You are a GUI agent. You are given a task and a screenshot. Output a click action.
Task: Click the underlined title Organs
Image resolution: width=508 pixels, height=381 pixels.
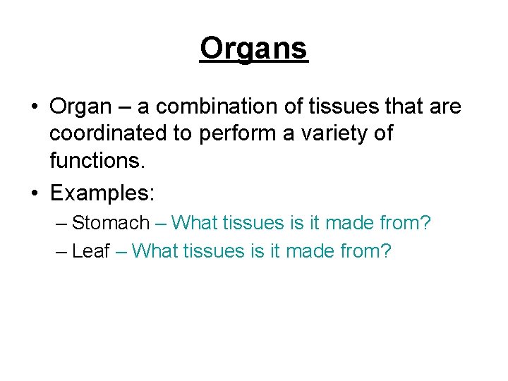tap(254, 49)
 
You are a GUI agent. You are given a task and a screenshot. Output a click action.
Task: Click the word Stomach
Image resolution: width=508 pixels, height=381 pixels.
tap(111, 224)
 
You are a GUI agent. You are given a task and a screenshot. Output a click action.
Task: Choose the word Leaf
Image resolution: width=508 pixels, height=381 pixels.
tap(91, 251)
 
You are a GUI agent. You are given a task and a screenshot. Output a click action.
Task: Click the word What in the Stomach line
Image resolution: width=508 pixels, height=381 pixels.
tap(195, 224)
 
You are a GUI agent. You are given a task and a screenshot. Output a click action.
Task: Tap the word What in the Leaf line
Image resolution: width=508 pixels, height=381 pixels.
tap(155, 251)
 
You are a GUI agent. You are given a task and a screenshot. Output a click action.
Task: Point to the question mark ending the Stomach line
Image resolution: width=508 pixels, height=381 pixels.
tap(425, 224)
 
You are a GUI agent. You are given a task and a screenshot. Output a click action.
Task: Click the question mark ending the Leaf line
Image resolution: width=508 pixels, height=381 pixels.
tap(385, 251)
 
